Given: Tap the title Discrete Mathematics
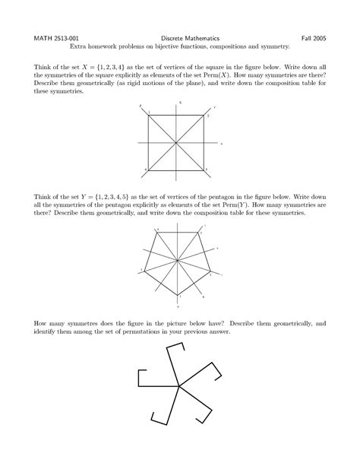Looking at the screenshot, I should point(180,36).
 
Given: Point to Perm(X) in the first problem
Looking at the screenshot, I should point(271,78).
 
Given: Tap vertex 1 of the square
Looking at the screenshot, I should point(149,116).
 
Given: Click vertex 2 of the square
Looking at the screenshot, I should point(204,116).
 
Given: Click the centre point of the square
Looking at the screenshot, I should point(177,142).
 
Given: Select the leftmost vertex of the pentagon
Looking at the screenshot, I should point(144,271).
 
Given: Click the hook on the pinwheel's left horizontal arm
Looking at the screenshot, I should point(139,379).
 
